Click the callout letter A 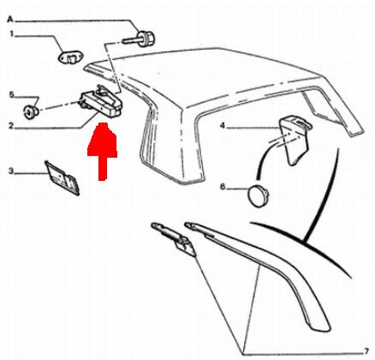(x=10, y=20)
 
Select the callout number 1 (x=12, y=34)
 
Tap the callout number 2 (x=11, y=125)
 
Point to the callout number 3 (x=11, y=171)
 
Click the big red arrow (x=102, y=152)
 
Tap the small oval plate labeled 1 (x=69, y=57)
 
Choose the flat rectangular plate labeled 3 (x=62, y=177)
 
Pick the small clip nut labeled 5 (x=31, y=111)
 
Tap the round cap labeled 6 (x=259, y=195)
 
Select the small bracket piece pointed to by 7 (x=174, y=239)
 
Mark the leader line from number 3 (x=31, y=173)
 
